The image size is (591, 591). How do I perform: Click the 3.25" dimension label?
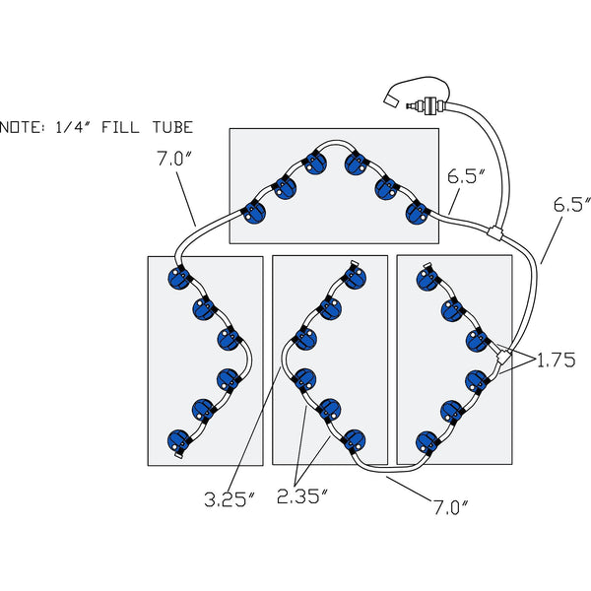pos(230,499)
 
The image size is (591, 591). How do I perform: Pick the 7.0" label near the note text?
pos(174,157)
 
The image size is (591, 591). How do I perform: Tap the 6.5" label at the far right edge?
pos(569,206)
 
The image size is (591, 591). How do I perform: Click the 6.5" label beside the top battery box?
pos(467,177)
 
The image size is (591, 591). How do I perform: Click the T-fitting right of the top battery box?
pos(493,233)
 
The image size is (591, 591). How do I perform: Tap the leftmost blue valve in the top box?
pos(254,211)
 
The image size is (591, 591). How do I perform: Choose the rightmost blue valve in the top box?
pos(419,212)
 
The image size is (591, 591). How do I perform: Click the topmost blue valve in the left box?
pos(178,279)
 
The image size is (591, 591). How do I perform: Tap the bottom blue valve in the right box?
pos(427,440)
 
